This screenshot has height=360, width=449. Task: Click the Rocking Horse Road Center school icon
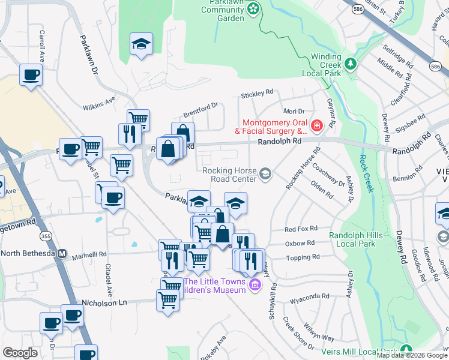[265, 175]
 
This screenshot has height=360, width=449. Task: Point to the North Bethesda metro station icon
[62, 254]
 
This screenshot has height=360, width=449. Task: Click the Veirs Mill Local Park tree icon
[406, 350]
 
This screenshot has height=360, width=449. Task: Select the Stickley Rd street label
[257, 94]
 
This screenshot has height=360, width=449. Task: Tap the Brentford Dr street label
[200, 110]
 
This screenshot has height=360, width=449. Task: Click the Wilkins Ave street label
[100, 103]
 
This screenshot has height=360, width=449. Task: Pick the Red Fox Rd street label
[301, 229]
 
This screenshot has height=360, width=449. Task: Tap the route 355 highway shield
[46, 236]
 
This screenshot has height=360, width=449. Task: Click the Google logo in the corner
[20, 353]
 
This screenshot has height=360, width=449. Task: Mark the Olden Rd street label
[322, 193]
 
